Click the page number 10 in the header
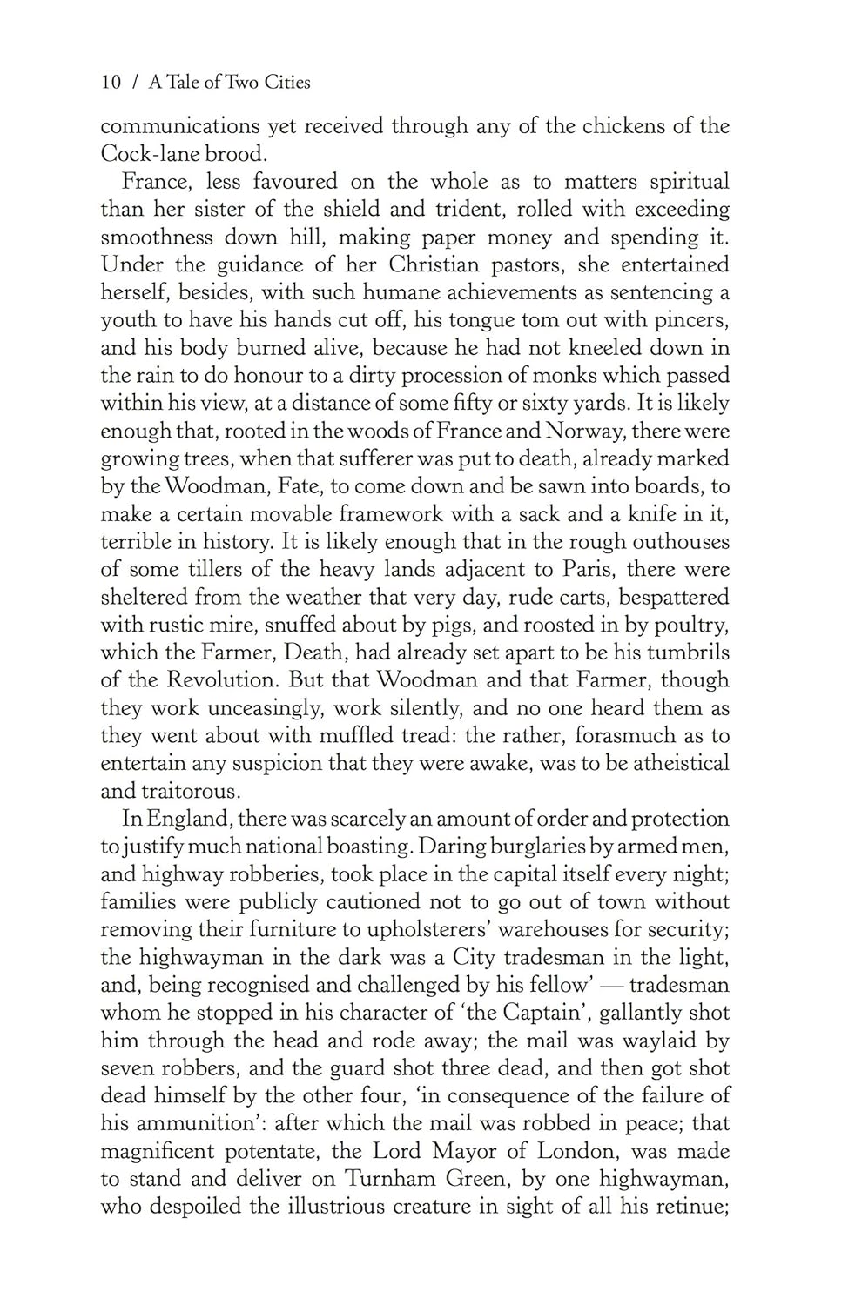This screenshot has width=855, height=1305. click(x=110, y=83)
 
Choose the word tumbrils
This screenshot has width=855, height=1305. click(x=683, y=652)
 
